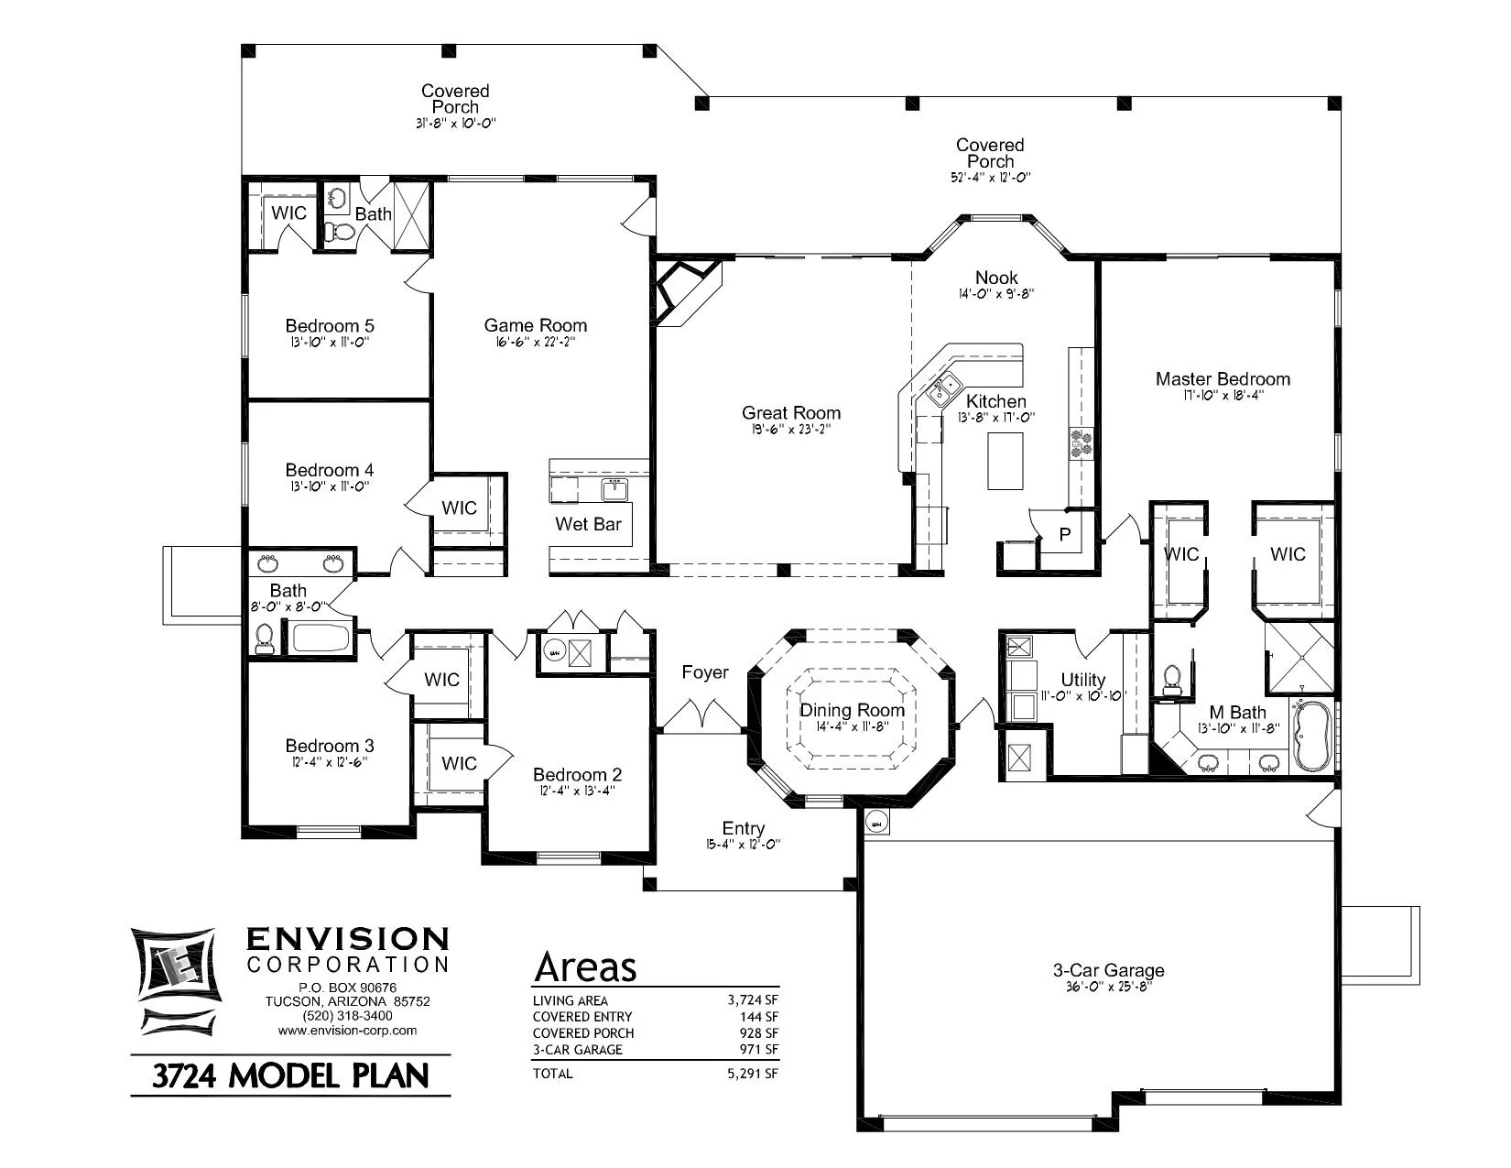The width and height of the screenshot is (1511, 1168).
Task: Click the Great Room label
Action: [x=790, y=413]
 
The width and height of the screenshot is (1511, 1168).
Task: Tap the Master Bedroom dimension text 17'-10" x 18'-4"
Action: [x=1223, y=396]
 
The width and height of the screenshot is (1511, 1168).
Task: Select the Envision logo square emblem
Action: [x=174, y=967]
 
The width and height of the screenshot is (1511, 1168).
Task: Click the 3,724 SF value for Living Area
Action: [x=753, y=1000]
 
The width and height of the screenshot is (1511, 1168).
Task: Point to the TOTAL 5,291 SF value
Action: [x=753, y=1074]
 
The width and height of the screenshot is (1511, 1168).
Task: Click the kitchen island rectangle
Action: [x=1005, y=461]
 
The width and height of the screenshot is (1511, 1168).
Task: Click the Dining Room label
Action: [x=852, y=710]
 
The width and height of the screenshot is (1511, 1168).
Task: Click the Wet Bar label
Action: [x=588, y=524]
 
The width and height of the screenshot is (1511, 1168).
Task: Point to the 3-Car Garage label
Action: [x=1108, y=970]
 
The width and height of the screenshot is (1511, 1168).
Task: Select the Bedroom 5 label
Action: [x=329, y=326]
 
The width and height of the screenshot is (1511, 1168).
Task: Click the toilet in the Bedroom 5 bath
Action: [x=340, y=232]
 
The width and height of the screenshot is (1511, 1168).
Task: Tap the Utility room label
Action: [x=1082, y=680]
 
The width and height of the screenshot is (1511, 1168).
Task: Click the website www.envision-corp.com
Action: [x=347, y=1030]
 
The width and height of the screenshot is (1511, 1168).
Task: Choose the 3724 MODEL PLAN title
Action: [x=290, y=1075]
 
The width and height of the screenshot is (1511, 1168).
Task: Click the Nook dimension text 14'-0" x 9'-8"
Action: [x=996, y=294]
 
